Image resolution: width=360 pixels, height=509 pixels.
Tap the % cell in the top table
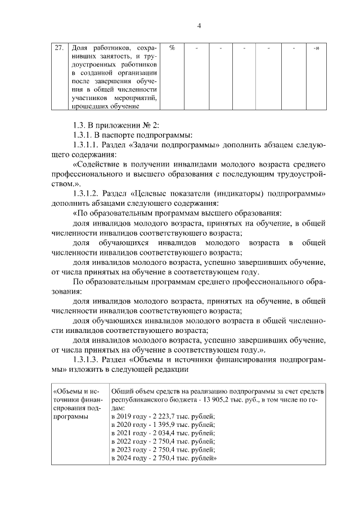click(x=172, y=48)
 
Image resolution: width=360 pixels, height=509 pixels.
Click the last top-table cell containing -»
click(x=316, y=48)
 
